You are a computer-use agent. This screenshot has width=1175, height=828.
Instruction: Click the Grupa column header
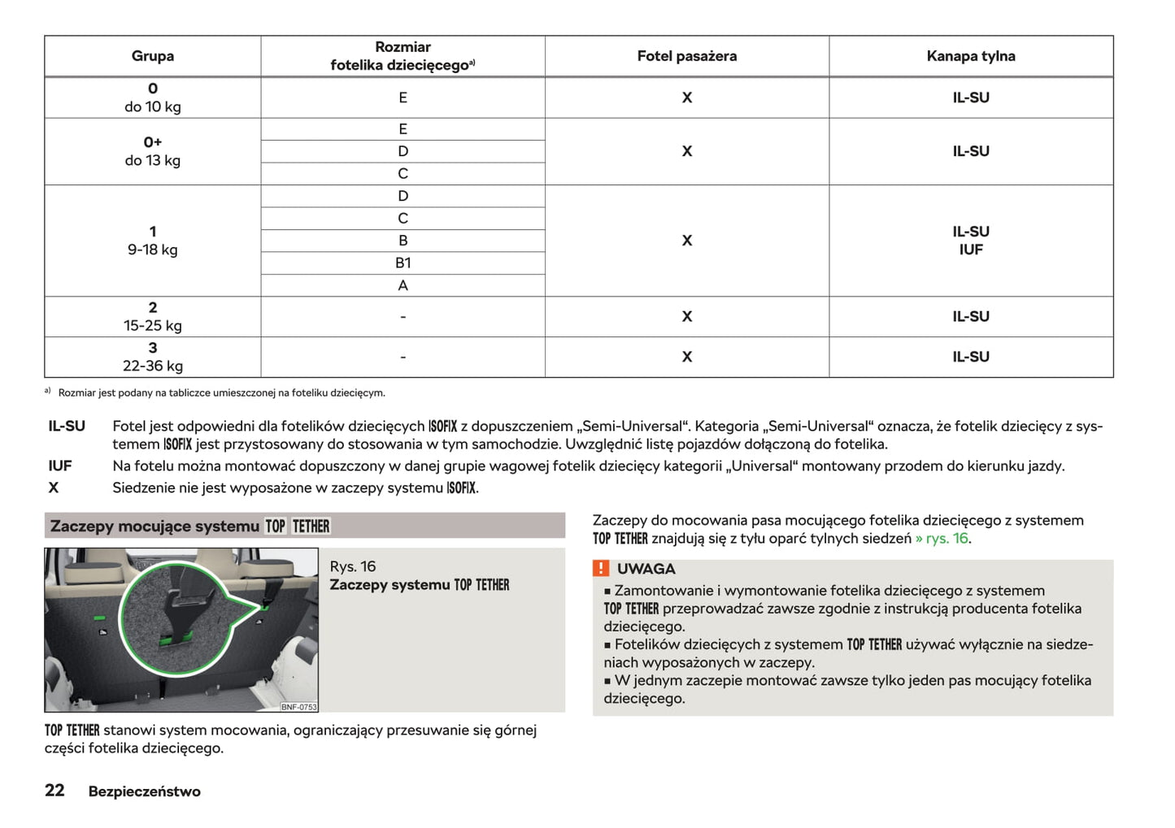pyautogui.click(x=153, y=56)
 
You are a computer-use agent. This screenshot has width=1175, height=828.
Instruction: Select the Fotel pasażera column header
pyautogui.click(x=686, y=56)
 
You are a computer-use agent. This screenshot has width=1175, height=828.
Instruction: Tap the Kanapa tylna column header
pyautogui.click(x=970, y=56)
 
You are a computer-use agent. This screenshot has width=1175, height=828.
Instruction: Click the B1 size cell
pyautogui.click(x=403, y=263)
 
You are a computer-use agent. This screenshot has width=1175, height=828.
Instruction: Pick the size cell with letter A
pyautogui.click(x=403, y=285)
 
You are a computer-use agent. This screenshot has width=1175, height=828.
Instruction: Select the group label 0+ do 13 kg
pyautogui.click(x=153, y=151)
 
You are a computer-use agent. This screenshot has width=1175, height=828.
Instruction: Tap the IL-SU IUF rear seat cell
pyautogui.click(x=970, y=241)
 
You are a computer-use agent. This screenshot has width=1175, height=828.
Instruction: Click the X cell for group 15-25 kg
pyautogui.click(x=686, y=317)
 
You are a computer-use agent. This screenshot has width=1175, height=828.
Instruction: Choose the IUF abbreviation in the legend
pyautogui.click(x=60, y=466)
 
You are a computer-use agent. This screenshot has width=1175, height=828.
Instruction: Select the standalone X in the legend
pyautogui.click(x=54, y=488)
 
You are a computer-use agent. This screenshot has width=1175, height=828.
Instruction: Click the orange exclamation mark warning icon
pyautogui.click(x=601, y=569)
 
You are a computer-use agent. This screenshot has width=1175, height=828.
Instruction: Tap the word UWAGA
pyautogui.click(x=646, y=569)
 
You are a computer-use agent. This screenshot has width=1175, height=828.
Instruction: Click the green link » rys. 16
pyautogui.click(x=942, y=539)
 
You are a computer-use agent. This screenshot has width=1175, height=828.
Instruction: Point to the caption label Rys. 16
pyautogui.click(x=353, y=566)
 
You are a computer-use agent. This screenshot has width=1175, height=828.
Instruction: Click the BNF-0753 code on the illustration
pyautogui.click(x=298, y=707)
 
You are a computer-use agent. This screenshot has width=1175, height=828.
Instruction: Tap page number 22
pyautogui.click(x=54, y=791)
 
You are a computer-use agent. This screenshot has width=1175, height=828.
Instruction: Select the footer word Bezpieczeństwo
pyautogui.click(x=144, y=791)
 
